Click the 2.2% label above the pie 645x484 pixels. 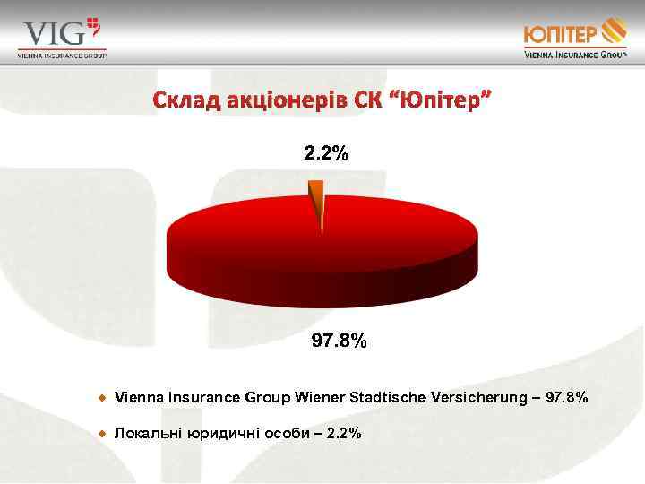[x=326, y=154]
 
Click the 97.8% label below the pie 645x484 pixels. [x=338, y=341]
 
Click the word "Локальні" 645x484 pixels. [x=149, y=434]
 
